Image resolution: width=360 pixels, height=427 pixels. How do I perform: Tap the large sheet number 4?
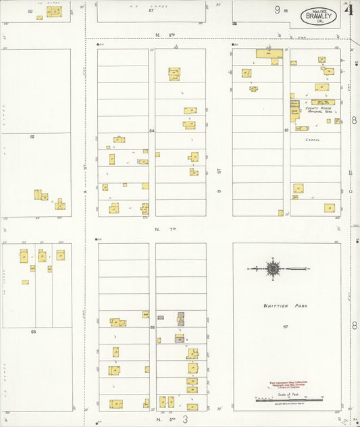(349, 9)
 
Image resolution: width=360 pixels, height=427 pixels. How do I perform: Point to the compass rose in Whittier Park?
(273, 269)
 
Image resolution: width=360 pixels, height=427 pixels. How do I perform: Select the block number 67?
(286, 327)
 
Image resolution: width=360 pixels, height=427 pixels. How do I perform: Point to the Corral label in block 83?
(312, 140)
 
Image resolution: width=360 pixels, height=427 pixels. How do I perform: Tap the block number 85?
(32, 137)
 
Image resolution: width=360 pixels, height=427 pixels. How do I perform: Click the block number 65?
(32, 332)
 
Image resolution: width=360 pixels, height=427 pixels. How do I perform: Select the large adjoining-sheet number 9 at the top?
(277, 9)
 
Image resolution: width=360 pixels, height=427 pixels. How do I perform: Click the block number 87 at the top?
(151, 11)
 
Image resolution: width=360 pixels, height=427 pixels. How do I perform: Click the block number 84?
(152, 130)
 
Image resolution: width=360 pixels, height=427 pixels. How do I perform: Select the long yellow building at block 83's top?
(268, 53)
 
